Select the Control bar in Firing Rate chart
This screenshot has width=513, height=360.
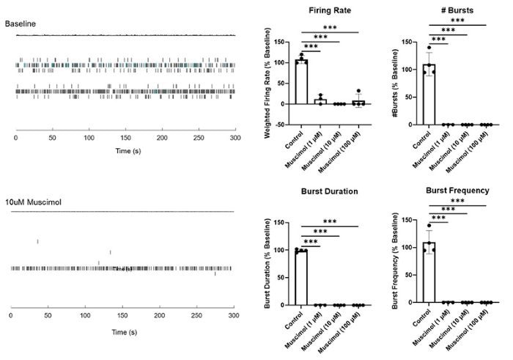point(301,82)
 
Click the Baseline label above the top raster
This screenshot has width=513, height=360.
point(21,24)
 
